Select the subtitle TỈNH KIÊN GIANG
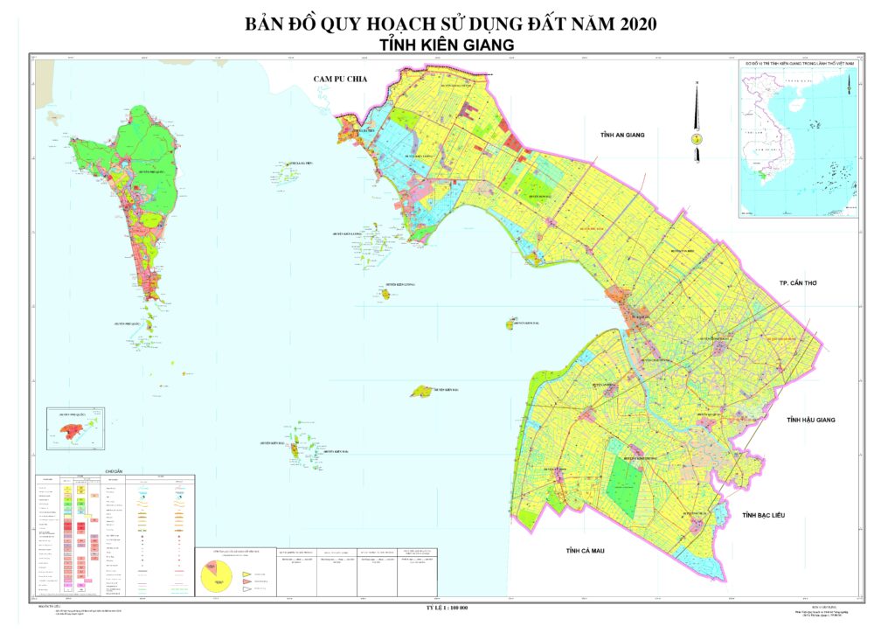447,45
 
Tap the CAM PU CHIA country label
341,80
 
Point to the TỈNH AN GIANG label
621,135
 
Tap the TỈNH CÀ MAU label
585,550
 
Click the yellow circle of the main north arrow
697,138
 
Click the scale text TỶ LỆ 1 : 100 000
447,607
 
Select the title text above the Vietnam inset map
797,64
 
